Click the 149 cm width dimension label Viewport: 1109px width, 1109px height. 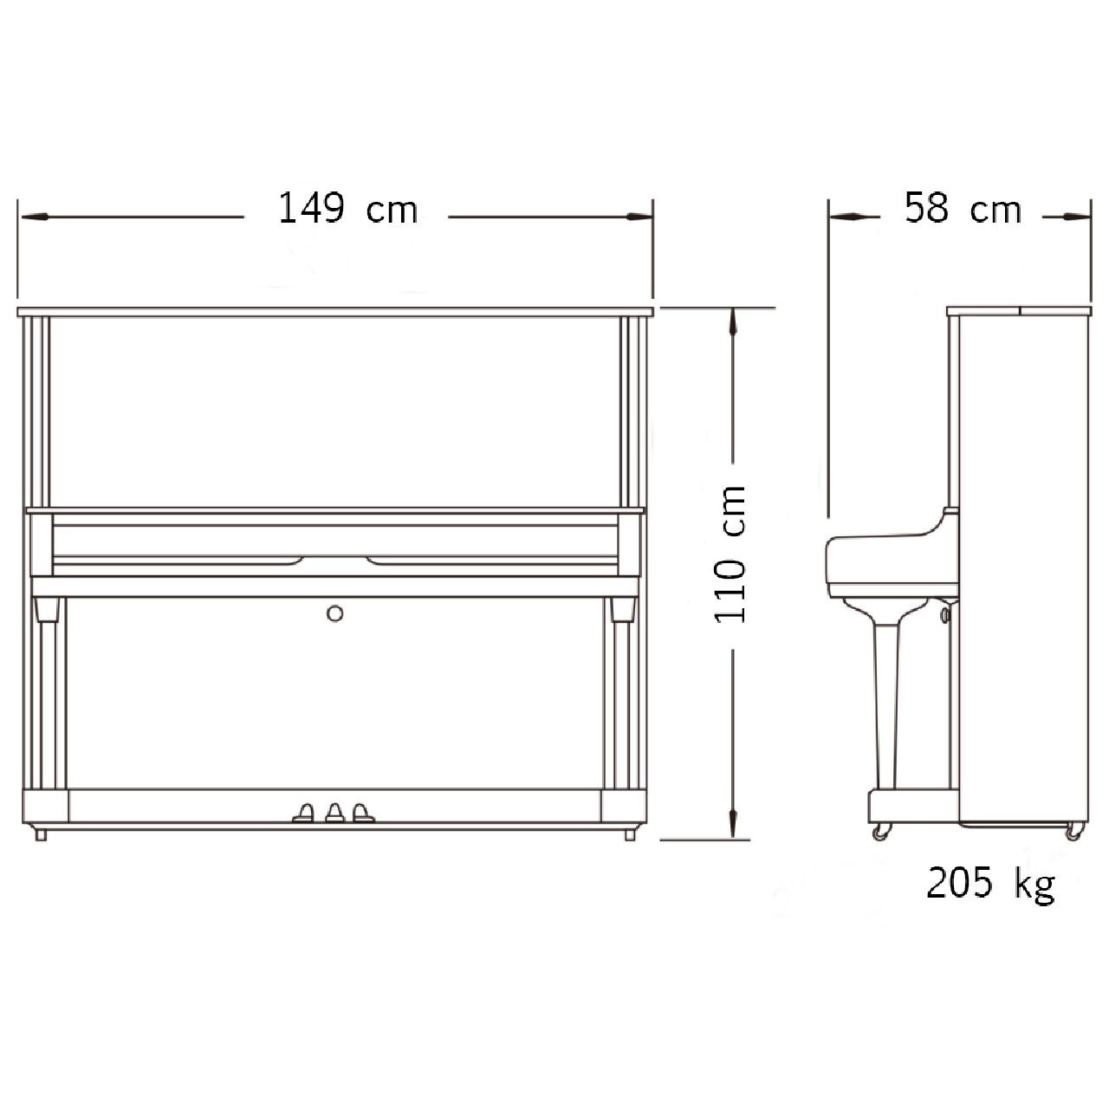pos(347,208)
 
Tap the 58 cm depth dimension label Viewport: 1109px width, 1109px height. pos(963,208)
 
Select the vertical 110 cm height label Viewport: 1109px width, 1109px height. pos(730,554)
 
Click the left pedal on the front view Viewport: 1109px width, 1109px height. pos(304,813)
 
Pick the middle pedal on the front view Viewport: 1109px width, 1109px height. pos(335,813)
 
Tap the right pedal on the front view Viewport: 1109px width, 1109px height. pos(363,813)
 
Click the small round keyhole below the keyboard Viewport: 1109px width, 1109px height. pos(335,614)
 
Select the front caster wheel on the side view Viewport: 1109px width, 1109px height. pos(881,832)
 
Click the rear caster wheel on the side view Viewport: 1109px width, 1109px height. pos(1074,832)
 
